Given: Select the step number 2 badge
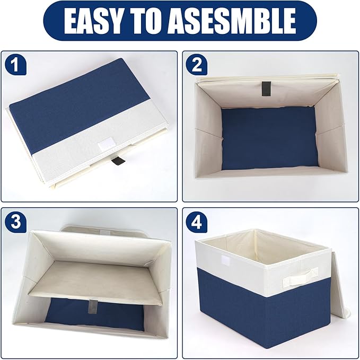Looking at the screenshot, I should point(198,65).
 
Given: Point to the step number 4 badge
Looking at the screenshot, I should point(198,222).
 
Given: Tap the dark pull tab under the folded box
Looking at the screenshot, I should point(121,161).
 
